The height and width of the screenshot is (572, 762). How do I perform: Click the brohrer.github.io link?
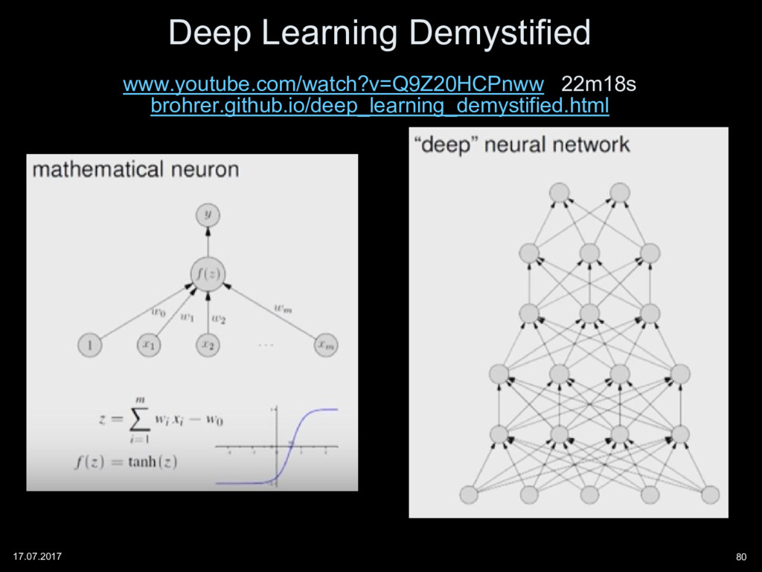point(380,107)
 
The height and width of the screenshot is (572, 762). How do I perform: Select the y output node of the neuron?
point(208,215)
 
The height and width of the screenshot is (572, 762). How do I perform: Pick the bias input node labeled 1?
point(89,345)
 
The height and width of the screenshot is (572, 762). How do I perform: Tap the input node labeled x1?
point(148,345)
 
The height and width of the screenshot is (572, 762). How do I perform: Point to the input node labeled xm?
point(325,345)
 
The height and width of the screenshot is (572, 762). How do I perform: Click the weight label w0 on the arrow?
point(159,313)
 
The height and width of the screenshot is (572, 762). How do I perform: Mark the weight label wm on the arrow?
point(282,305)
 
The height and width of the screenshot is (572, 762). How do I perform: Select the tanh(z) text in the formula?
point(152,462)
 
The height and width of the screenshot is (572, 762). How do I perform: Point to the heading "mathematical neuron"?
point(135,169)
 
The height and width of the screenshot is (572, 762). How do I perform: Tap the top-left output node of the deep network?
point(559,193)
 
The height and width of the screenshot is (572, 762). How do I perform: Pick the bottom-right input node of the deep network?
point(710,494)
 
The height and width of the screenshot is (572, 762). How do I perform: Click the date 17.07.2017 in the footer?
point(38,556)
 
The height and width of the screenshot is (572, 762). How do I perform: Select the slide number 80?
point(740,556)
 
